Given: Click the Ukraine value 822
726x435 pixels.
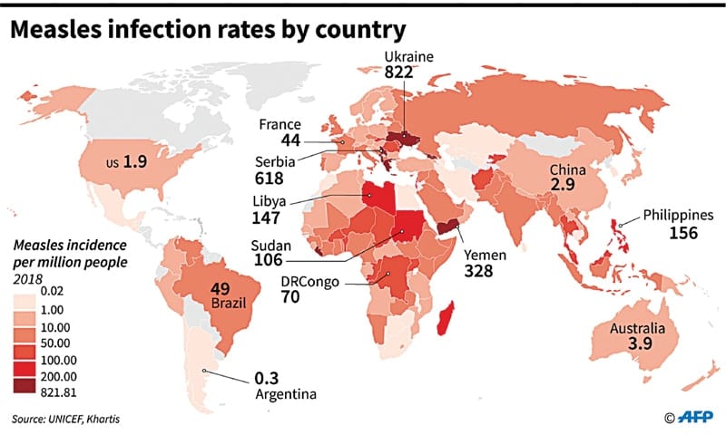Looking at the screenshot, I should pos(399,72).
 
